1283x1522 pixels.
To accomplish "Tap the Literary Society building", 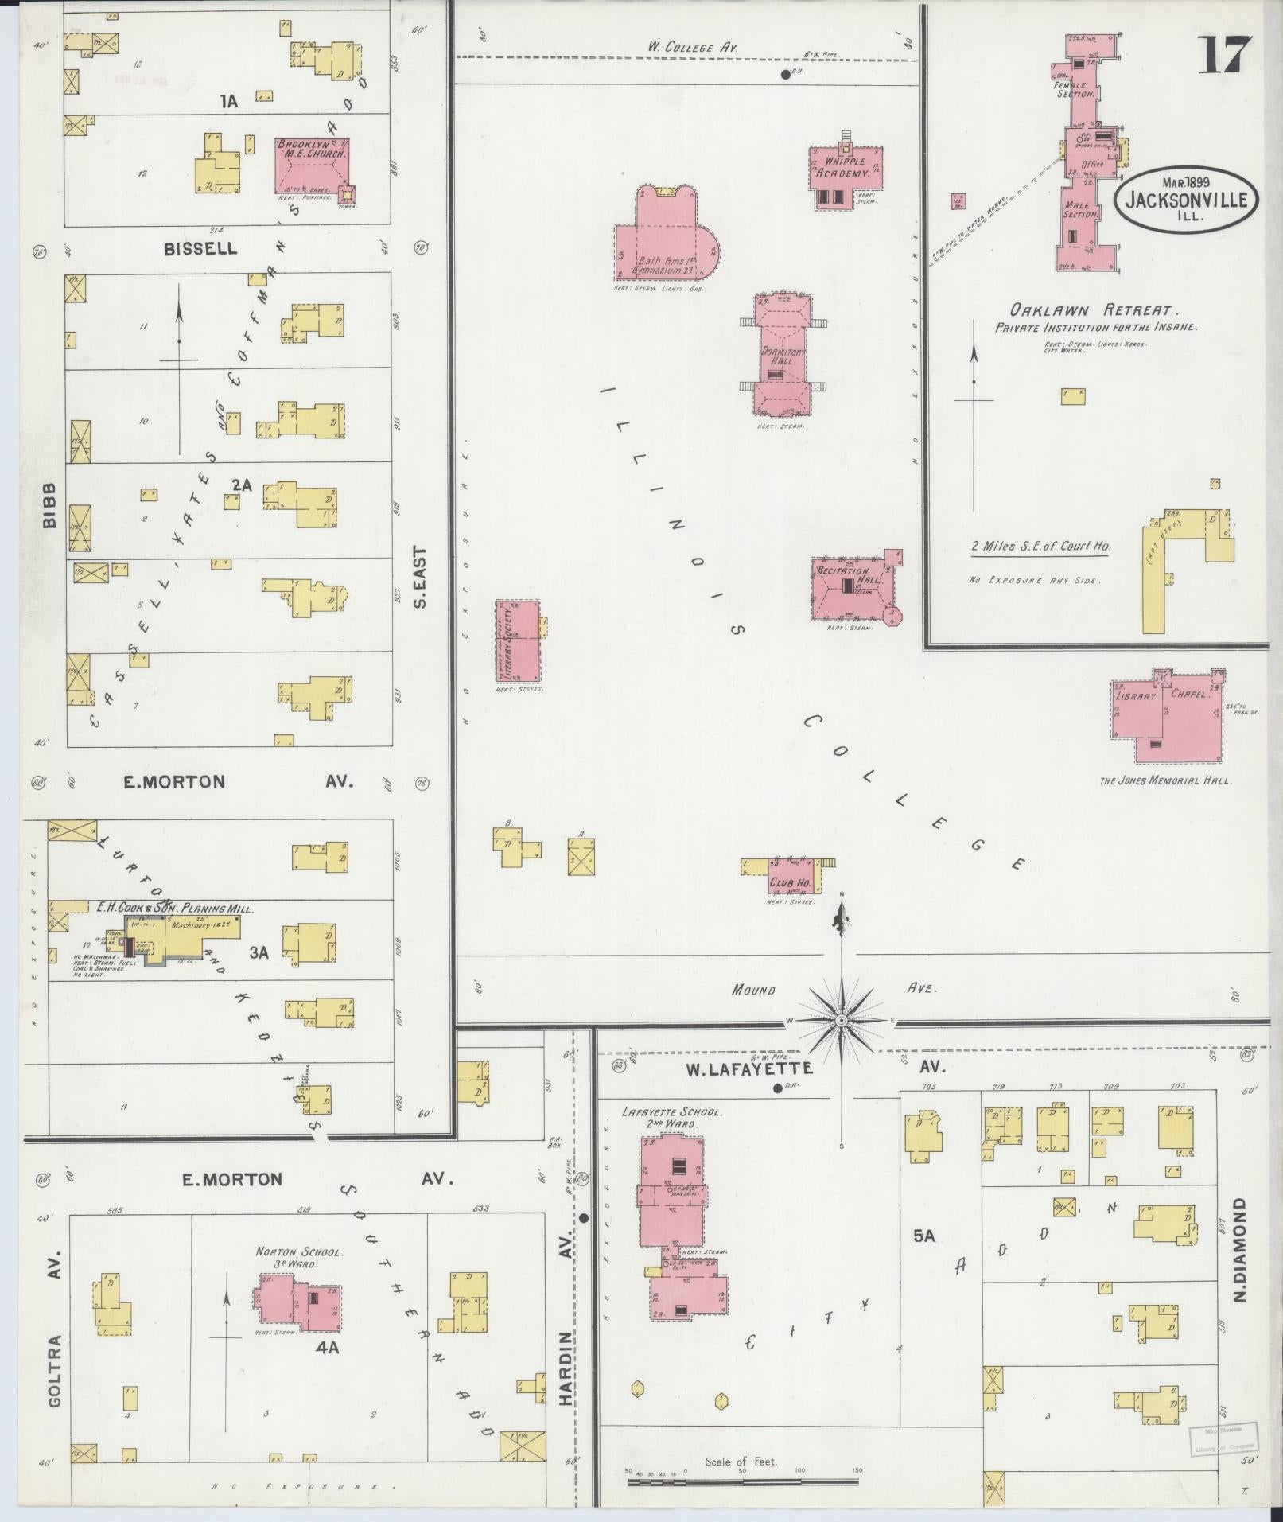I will [517, 641].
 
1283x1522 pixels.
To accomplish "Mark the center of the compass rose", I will [841, 1020].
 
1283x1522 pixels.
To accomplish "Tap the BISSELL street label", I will [200, 248].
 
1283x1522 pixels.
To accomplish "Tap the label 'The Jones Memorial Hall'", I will [1165, 780].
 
